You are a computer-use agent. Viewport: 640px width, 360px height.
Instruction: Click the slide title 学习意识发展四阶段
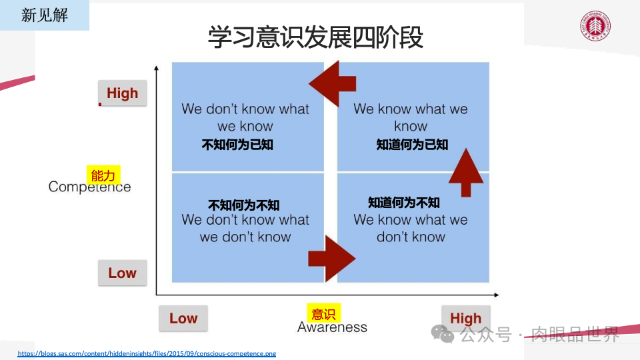point(315,37)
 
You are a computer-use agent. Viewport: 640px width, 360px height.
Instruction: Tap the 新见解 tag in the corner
point(44,15)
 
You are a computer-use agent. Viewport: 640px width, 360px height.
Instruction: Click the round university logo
point(595,26)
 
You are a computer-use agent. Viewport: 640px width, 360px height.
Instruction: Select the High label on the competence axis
point(122,93)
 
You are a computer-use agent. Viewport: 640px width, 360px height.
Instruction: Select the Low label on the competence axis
point(122,273)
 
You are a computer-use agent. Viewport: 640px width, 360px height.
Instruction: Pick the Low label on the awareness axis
point(183,318)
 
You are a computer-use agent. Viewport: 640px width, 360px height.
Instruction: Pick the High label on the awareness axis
point(465,318)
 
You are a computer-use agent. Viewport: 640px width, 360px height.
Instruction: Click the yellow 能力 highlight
point(103,175)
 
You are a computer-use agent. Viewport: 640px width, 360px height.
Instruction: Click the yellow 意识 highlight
point(323,314)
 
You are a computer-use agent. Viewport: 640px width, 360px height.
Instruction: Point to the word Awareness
point(332,327)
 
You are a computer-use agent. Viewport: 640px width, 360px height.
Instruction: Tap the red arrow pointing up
point(466,172)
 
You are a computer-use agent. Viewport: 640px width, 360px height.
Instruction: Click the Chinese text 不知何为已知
point(237,144)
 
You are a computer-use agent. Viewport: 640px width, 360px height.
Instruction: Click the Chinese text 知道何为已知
point(412,144)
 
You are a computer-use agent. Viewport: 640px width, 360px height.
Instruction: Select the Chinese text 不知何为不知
point(244,205)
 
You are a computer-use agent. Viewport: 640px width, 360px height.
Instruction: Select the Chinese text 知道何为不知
point(404,202)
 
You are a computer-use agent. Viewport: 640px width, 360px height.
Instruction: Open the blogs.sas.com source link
point(147,353)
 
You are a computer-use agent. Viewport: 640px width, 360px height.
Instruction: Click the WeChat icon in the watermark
point(442,333)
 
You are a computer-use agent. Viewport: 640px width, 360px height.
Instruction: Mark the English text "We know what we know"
point(411,117)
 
